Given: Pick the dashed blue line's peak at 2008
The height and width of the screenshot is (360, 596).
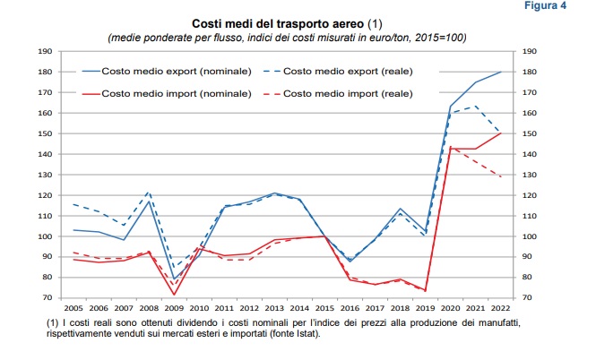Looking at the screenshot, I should (149, 193).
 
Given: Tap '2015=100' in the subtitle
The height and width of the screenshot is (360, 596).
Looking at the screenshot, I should (437, 38).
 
